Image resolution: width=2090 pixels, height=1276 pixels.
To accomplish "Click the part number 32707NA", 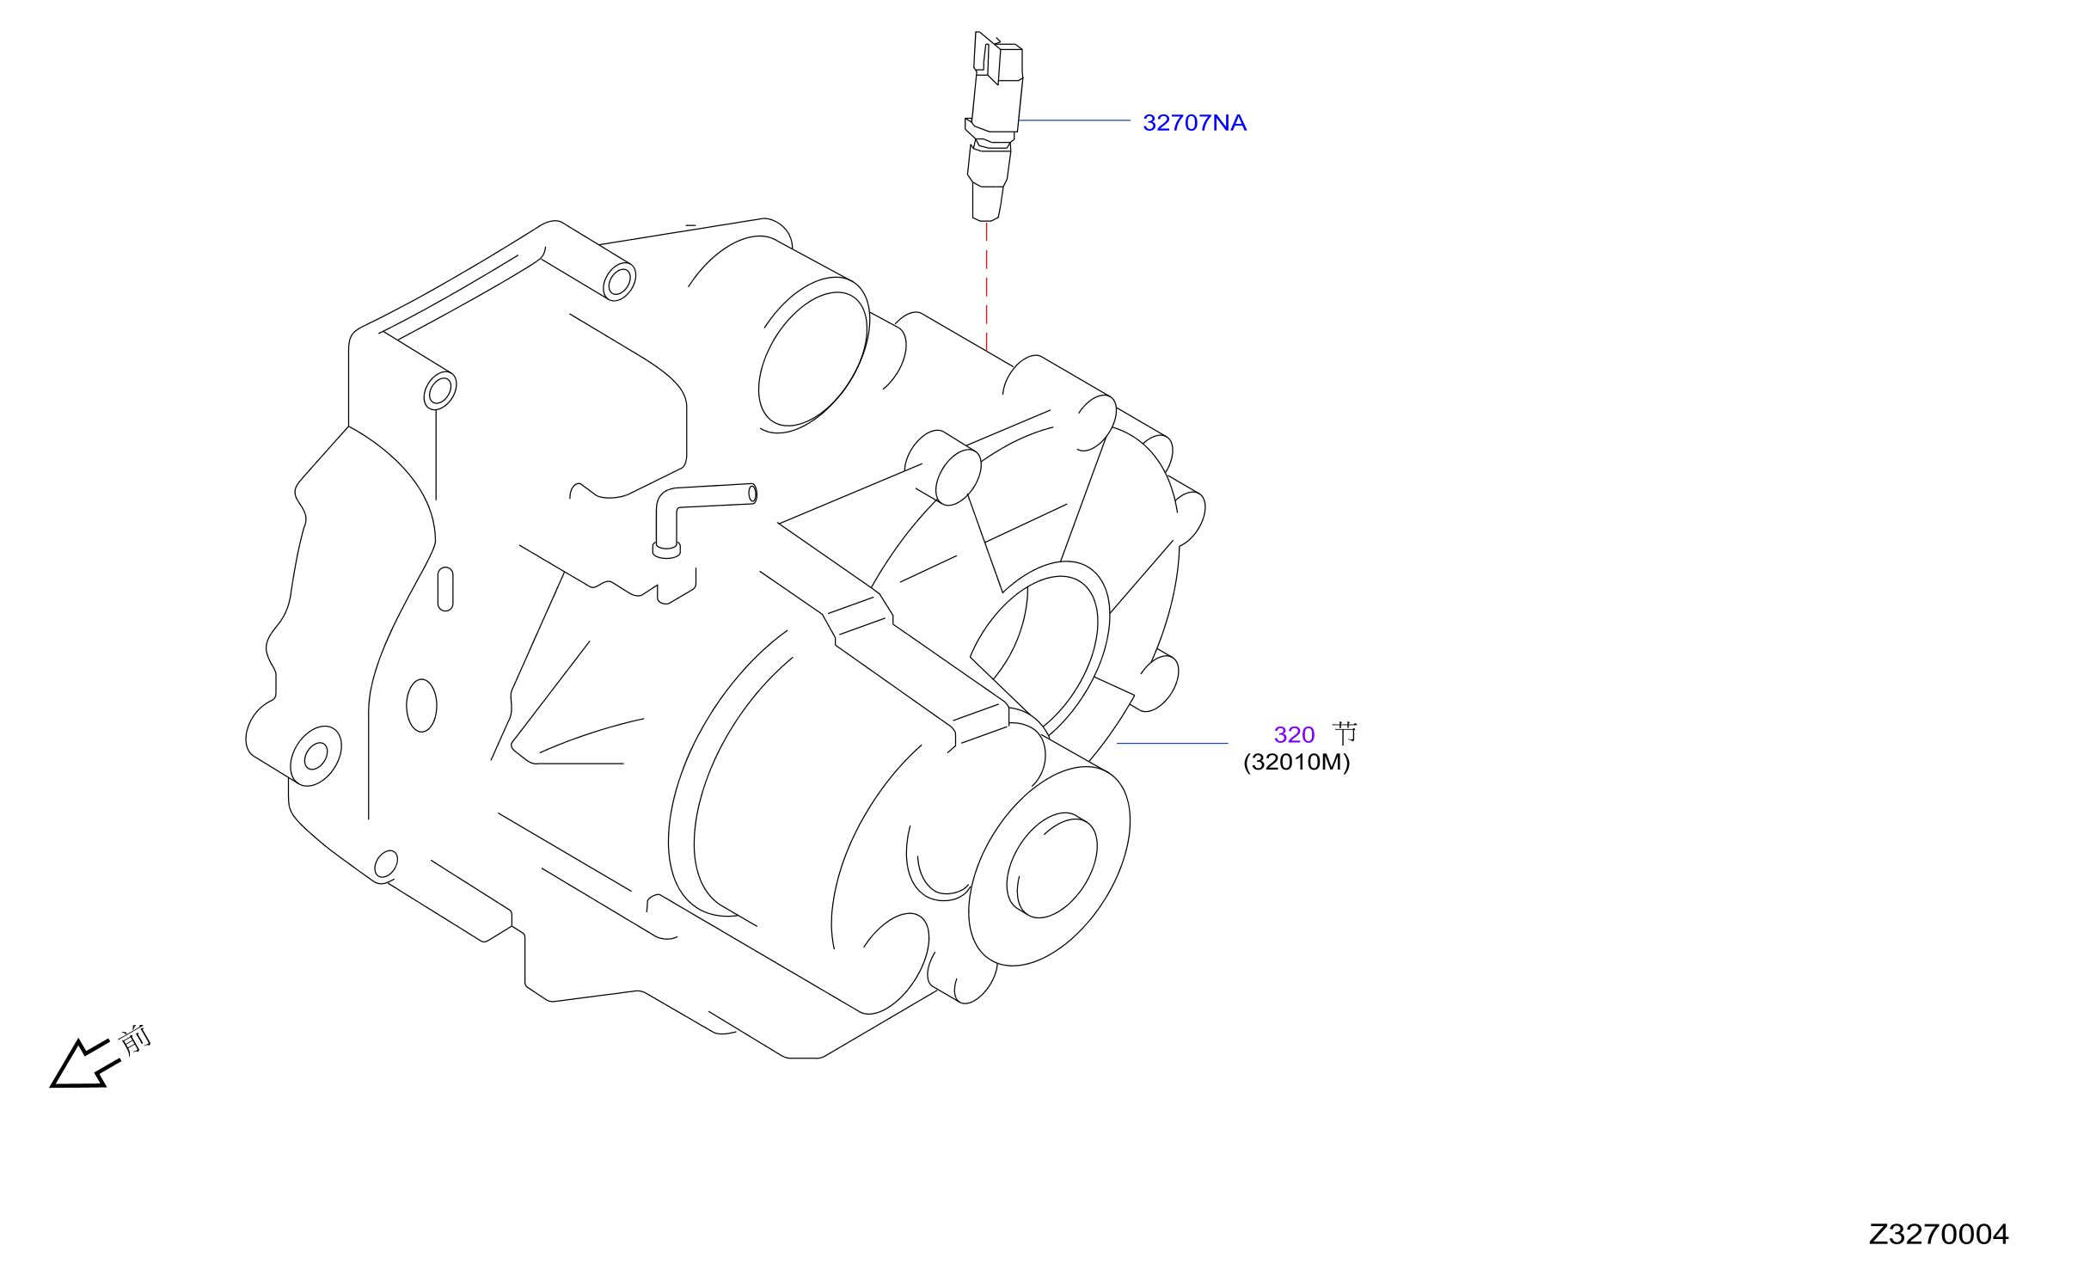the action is tap(1194, 123).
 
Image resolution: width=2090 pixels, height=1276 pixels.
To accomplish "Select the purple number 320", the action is tap(1294, 735).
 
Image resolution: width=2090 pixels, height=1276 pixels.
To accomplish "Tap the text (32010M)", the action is tap(1296, 762).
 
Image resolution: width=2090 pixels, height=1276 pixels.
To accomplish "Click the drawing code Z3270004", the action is tap(1939, 1235).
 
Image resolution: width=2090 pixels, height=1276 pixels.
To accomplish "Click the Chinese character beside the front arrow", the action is tap(135, 1040).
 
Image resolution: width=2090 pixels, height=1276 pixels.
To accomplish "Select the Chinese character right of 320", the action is tap(1345, 733).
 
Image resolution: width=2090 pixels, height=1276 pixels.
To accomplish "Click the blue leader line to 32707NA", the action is tap(1074, 120).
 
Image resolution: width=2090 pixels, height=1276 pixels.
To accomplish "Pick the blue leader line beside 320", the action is tap(1173, 743).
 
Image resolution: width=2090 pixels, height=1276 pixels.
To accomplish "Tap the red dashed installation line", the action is tap(987, 286).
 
